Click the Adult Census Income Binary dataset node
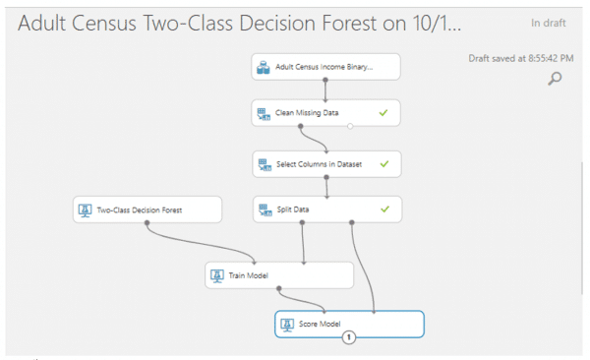click(x=325, y=68)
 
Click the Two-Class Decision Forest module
click(x=147, y=210)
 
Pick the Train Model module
click(x=278, y=275)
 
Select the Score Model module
click(x=349, y=324)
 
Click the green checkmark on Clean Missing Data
click(x=384, y=113)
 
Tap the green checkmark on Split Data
click(x=384, y=210)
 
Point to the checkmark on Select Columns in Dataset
click(x=384, y=163)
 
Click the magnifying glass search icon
click(x=555, y=79)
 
